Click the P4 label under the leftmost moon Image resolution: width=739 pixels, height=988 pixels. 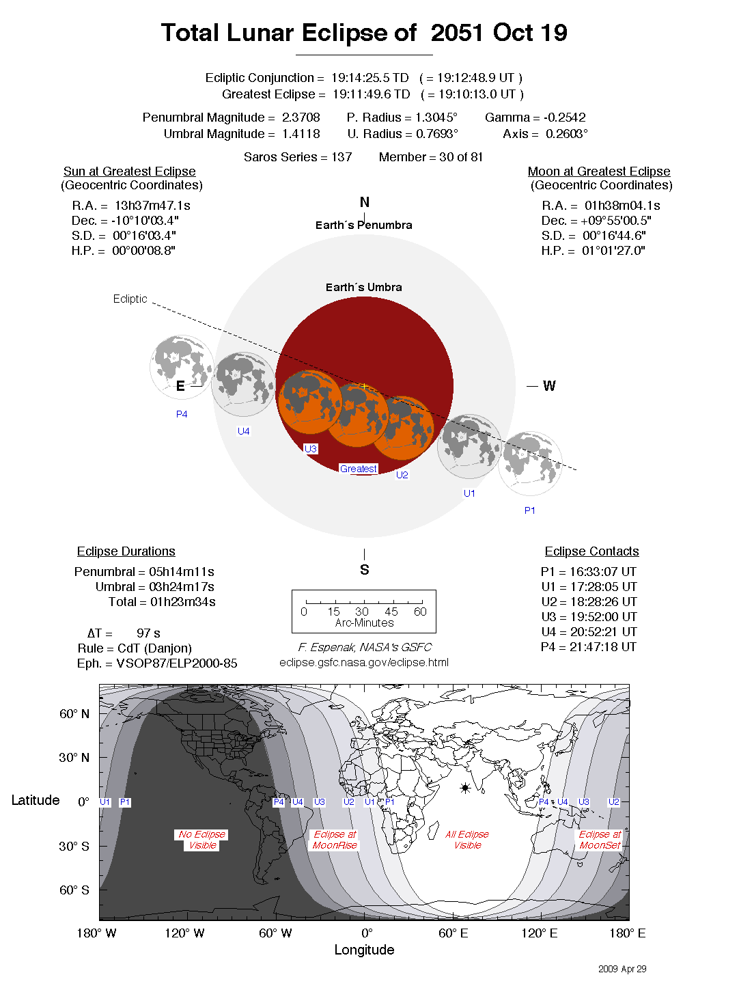pos(182,414)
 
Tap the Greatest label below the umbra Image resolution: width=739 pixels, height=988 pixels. pos(359,469)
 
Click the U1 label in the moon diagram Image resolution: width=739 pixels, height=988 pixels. pos(469,493)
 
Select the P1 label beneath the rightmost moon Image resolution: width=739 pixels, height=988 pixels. pos(530,510)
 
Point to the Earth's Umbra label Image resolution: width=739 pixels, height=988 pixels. pos(363,288)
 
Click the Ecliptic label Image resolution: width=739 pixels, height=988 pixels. pos(130,299)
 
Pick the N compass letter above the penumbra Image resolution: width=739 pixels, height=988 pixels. pos(365,202)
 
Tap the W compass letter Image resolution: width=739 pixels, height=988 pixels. pos(549,386)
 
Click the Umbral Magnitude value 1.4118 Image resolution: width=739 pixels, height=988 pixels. pos(301,134)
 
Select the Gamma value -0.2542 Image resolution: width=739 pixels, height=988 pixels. pos(564,118)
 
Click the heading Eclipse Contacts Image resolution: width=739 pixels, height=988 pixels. pos(591,551)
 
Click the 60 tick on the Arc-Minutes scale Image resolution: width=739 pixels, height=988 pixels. pos(420,612)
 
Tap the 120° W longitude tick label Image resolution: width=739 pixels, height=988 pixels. pos(184,933)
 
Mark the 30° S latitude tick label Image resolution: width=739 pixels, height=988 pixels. pos(74,847)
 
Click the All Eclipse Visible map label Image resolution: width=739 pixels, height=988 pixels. pos(467,840)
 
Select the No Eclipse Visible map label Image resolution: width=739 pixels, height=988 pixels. pos(202,840)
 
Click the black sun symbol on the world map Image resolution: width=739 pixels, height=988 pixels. pos(465,788)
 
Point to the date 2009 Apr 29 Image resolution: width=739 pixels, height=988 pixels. pos(622,969)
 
